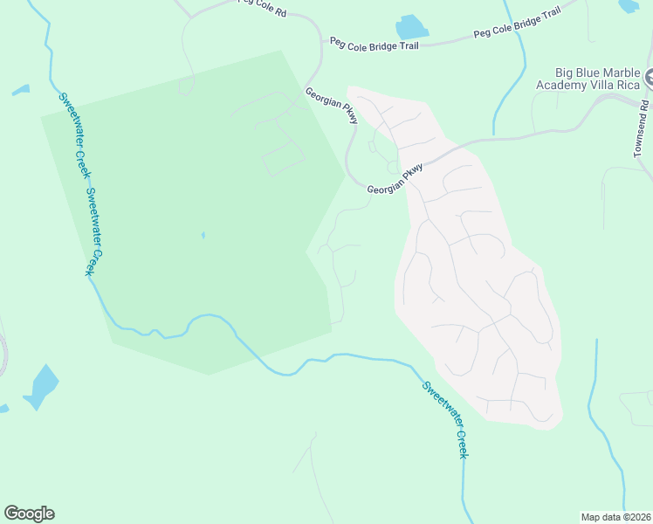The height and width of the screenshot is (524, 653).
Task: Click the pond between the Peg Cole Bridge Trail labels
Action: point(411,27)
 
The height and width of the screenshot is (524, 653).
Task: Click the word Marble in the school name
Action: point(620,72)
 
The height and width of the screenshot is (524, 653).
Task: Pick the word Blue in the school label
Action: point(586,72)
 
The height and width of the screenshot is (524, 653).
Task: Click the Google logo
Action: point(29,513)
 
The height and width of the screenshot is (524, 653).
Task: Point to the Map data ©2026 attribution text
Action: point(616,516)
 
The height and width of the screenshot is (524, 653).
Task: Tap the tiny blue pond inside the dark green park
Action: point(203,234)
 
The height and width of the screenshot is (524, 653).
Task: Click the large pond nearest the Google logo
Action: point(41,385)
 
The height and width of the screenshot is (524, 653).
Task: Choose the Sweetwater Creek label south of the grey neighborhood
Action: point(445,420)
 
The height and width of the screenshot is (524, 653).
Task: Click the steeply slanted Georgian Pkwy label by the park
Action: point(331,104)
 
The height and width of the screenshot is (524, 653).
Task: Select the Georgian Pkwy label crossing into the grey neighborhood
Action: point(395,178)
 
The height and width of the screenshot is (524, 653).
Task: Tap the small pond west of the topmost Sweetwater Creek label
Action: point(20,90)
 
